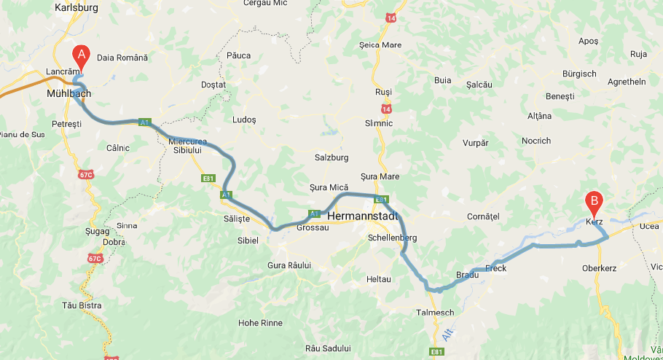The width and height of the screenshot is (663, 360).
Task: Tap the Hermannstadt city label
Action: point(364,216)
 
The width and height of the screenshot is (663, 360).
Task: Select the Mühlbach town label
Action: point(70,94)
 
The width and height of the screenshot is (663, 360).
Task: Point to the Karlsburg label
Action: point(76,8)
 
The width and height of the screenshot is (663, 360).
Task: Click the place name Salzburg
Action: point(331,157)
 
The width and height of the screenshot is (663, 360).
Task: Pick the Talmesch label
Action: point(434,313)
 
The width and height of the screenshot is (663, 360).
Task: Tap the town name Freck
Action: point(495,268)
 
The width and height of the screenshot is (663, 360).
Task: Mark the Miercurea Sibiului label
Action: point(188,145)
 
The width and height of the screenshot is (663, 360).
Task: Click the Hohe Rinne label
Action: point(260,322)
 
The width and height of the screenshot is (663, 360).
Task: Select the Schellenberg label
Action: point(392,238)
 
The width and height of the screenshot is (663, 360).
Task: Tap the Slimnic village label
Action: point(378,123)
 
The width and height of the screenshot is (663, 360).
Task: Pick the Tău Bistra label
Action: point(82,305)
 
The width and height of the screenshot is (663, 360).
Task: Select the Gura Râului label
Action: point(289,265)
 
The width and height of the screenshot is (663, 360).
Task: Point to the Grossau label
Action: point(313,227)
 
